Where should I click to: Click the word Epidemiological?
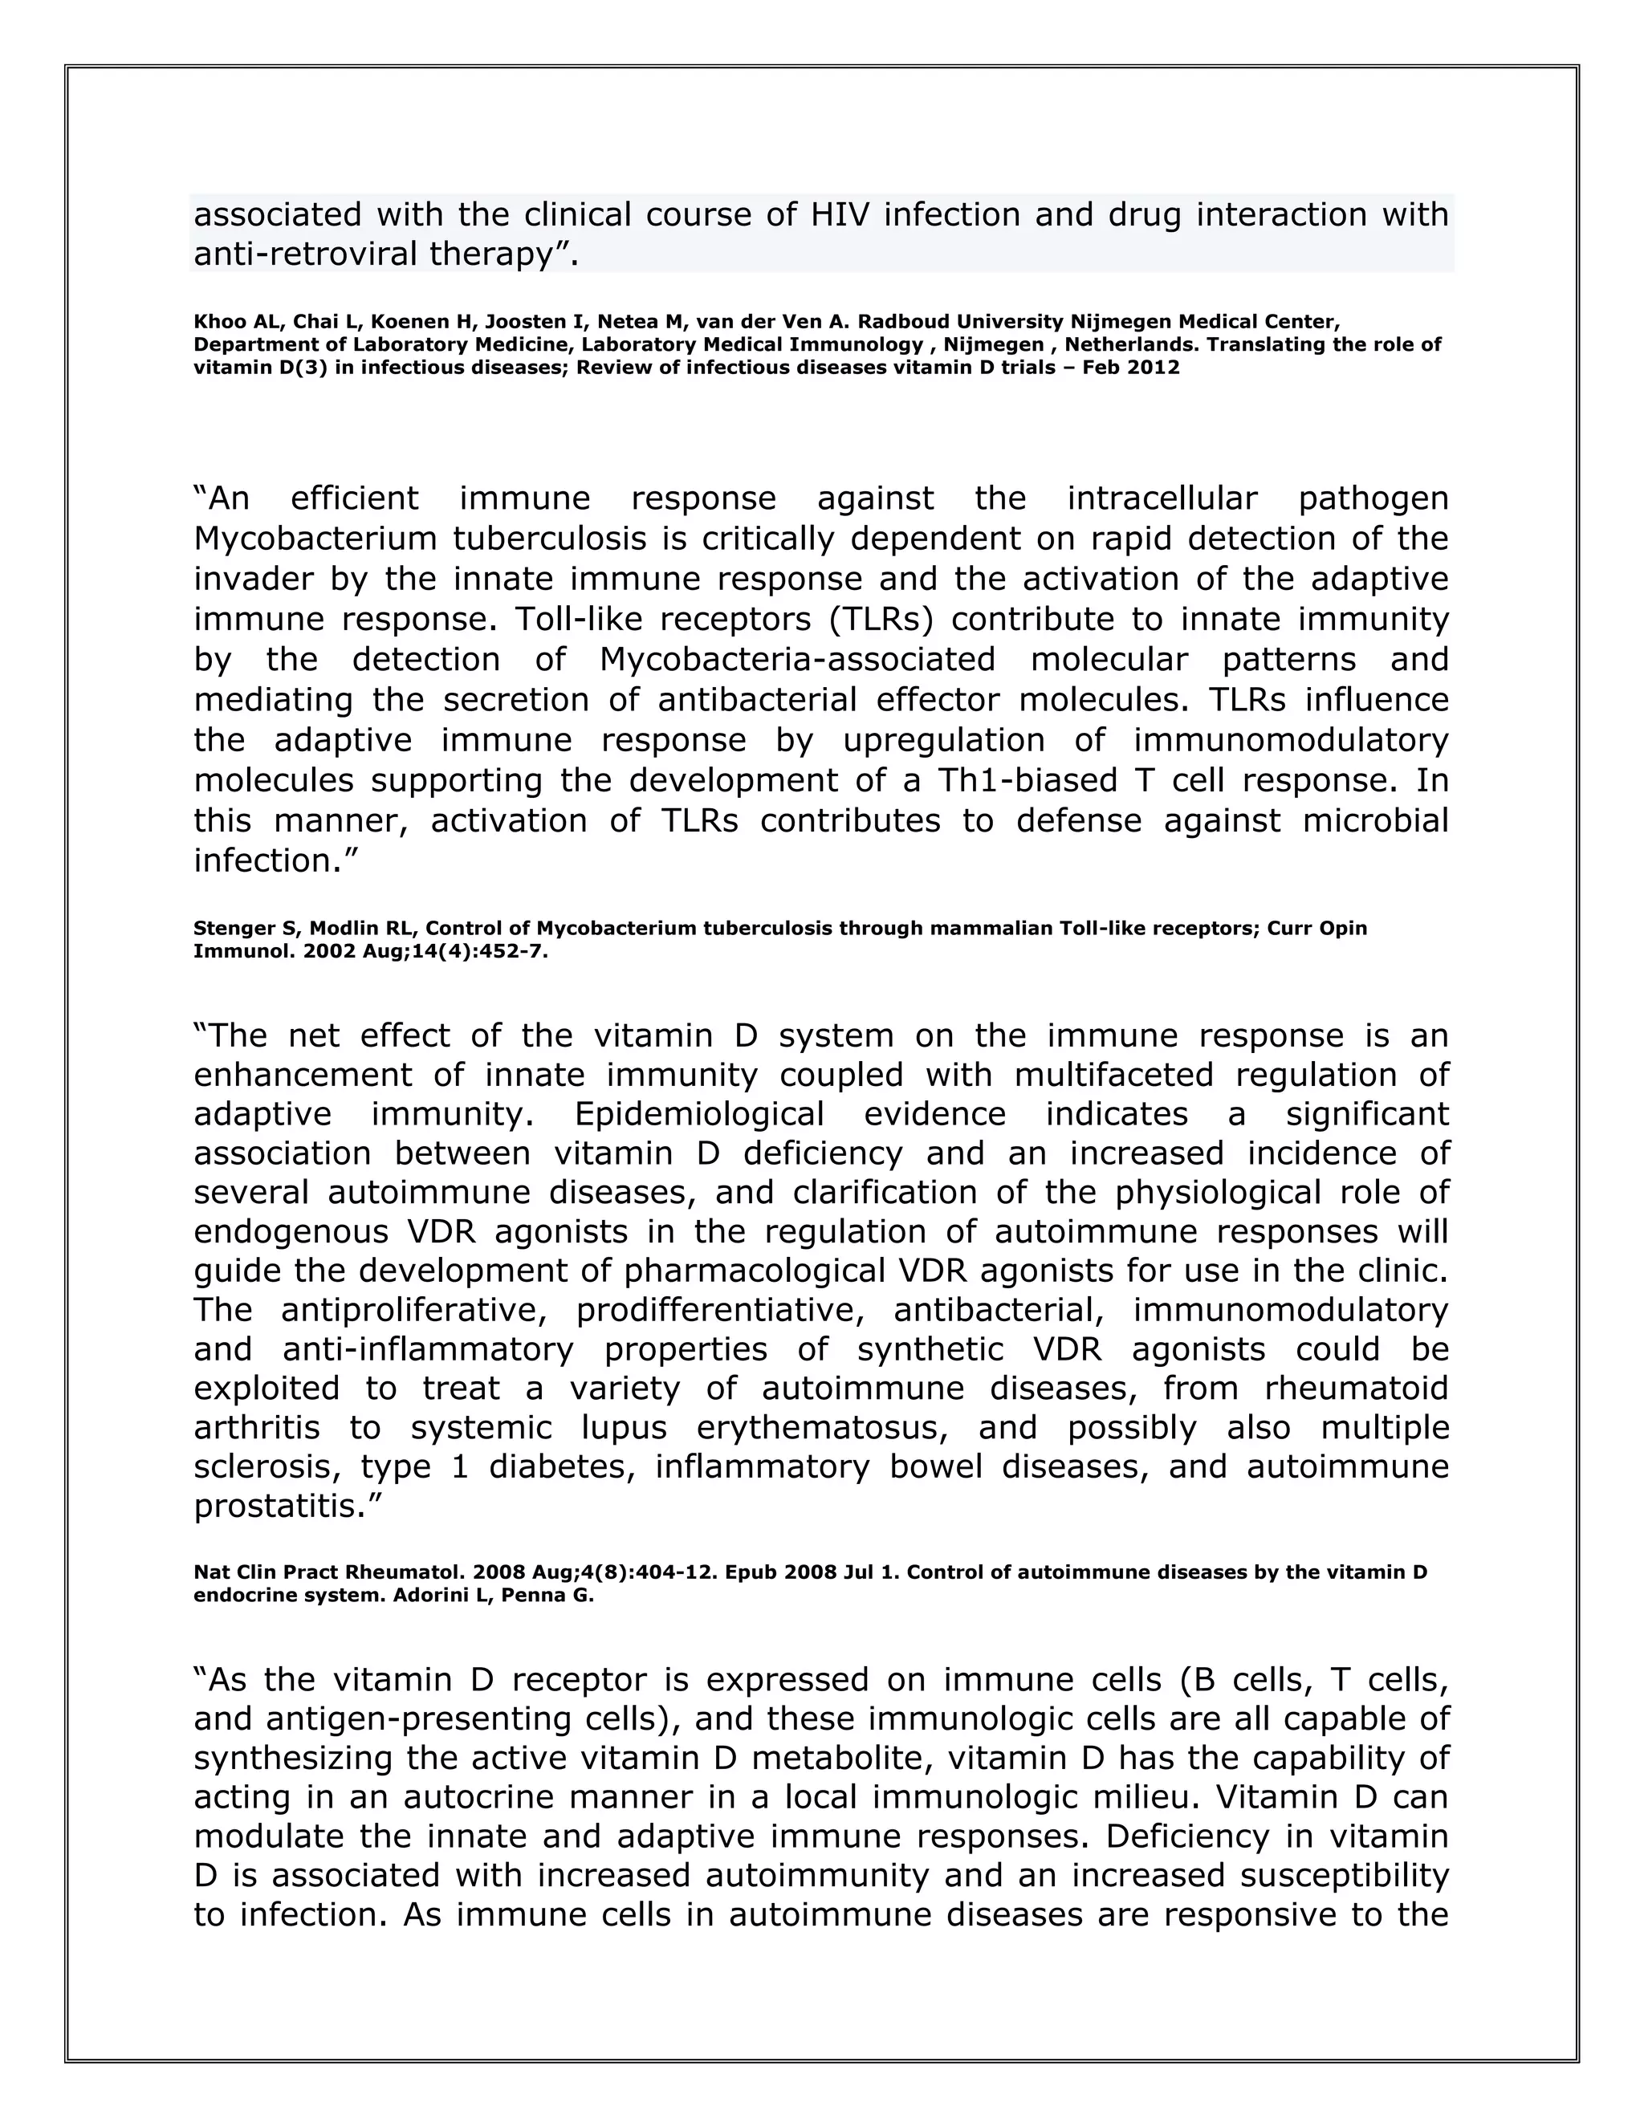(698, 1113)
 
